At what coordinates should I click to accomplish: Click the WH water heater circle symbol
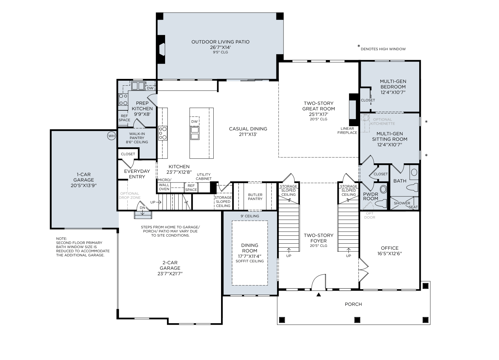coord(112,136)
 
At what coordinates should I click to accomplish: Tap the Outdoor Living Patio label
coord(220,42)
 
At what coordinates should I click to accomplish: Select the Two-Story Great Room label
coord(318,106)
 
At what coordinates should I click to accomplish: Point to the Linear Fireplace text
coord(347,131)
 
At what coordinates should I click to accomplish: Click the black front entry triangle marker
coord(318,295)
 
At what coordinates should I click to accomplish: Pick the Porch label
coord(353,304)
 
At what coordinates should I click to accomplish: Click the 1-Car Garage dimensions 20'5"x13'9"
coord(83,186)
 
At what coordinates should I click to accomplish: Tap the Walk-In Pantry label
coord(137,136)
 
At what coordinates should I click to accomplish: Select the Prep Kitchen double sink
coord(138,86)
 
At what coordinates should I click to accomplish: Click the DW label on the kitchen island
coord(194,122)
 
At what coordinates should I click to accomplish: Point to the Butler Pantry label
coord(255,197)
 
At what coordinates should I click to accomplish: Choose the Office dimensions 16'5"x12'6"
coord(390,253)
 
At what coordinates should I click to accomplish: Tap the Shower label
coord(402,203)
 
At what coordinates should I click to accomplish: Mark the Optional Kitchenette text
coord(383,122)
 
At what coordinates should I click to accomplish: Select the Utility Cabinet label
coord(204,177)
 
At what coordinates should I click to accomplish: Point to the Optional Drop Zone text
coord(130,195)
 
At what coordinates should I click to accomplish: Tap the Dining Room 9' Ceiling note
coord(250,216)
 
